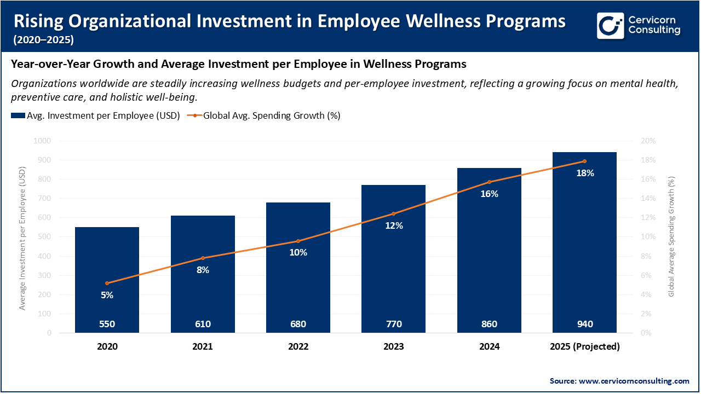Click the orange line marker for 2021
203,258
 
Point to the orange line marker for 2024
489,182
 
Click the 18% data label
585,173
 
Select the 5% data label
107,295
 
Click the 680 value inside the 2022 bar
298,324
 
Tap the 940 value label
584,324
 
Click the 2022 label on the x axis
298,346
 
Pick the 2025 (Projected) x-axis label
584,346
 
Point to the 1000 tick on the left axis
42,141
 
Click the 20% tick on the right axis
648,141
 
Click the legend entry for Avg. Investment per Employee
96,115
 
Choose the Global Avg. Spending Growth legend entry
265,115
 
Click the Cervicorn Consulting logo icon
611,25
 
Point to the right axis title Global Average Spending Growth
671,236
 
